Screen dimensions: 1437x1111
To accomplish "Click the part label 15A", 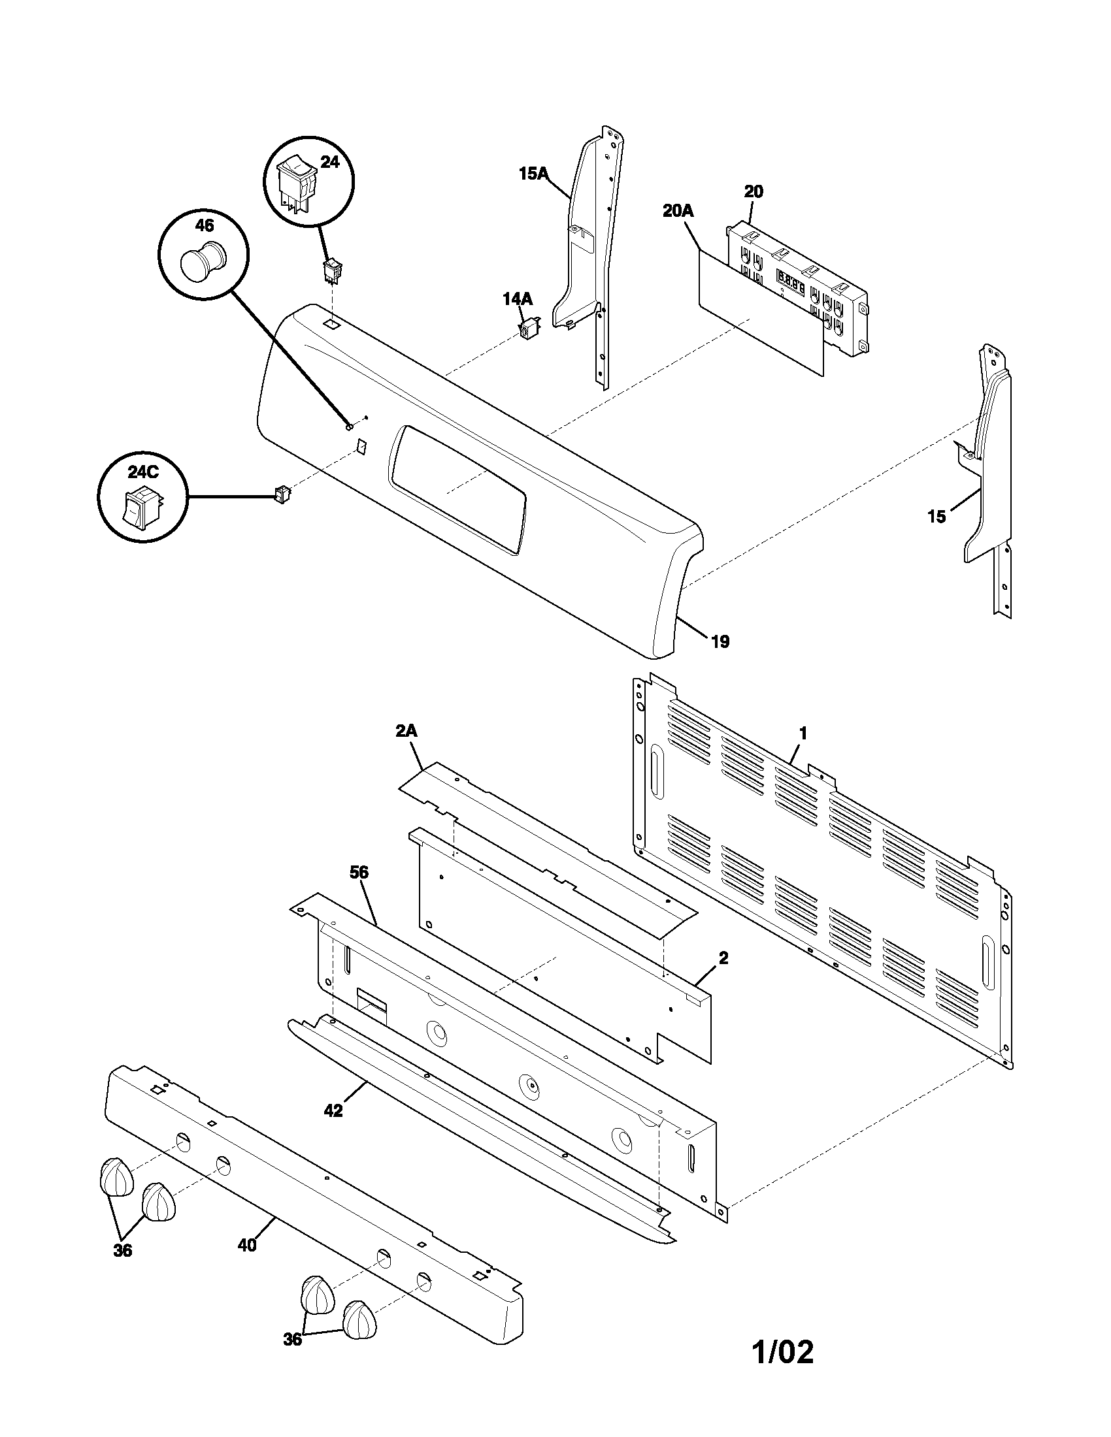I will pos(533,174).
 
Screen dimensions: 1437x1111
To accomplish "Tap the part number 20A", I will pos(678,210).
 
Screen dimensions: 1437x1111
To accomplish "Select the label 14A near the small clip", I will pos(518,299).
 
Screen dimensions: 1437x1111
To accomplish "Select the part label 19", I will pos(720,641).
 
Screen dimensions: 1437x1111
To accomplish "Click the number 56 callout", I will pos(359,873).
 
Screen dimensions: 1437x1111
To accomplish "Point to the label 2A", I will pos(406,731).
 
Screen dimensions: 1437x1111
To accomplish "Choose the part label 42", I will pos(333,1110).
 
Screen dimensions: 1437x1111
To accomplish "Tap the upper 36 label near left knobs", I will pos(122,1251).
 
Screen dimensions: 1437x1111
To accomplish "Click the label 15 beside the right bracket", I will pos(936,517).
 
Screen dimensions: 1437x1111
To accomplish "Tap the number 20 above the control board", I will pos(754,191).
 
